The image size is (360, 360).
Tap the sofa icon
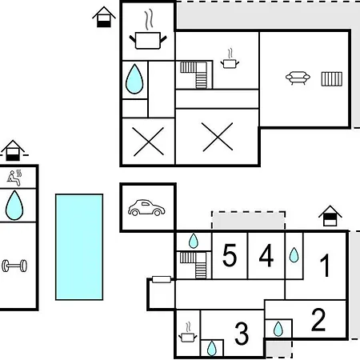pyautogui.click(x=298, y=78)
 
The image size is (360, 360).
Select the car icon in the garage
pyautogui.click(x=146, y=207)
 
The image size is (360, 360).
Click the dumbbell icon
pyautogui.click(x=14, y=266)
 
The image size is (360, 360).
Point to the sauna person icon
pyautogui.click(x=14, y=178)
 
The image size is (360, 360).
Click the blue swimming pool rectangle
pyautogui.click(x=79, y=247)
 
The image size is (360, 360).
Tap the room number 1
pyautogui.click(x=325, y=265)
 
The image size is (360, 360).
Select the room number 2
pyautogui.click(x=318, y=319)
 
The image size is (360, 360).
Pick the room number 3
pyautogui.click(x=242, y=334)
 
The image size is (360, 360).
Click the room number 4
pyautogui.click(x=266, y=255)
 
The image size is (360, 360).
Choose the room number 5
pyautogui.click(x=230, y=255)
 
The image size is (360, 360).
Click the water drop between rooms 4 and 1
pyautogui.click(x=294, y=255)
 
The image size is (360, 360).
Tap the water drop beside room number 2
pyautogui.click(x=278, y=329)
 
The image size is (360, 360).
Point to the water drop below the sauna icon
pyautogui.click(x=14, y=205)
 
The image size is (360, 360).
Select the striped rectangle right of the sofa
pyautogui.click(x=332, y=79)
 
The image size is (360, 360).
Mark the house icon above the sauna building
pyautogui.click(x=13, y=150)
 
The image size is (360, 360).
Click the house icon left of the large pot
pyautogui.click(x=104, y=17)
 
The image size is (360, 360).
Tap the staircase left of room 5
pyautogui.click(x=194, y=265)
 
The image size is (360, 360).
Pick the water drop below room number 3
pyautogui.click(x=212, y=348)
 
